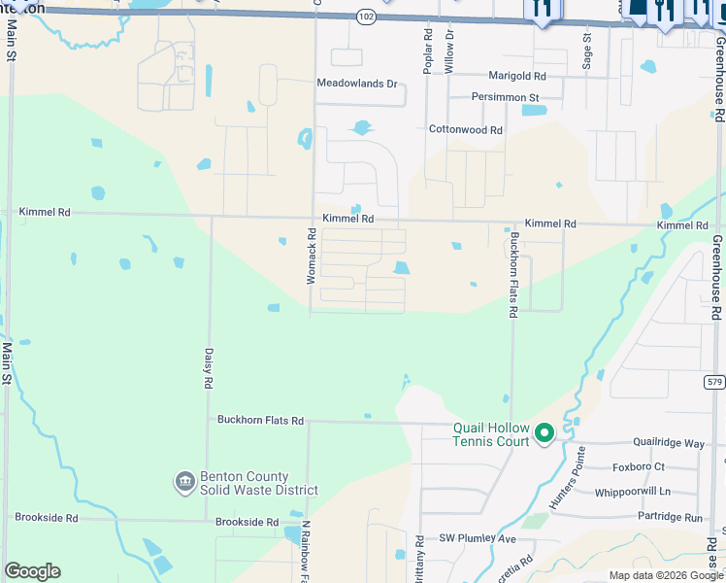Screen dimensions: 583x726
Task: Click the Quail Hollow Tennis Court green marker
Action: coord(544,433)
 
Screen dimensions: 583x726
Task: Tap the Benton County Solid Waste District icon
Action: coord(184,482)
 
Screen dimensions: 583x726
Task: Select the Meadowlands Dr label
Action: coord(357,84)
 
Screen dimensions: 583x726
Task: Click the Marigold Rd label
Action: coord(515,76)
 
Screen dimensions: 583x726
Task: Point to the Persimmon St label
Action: coord(505,98)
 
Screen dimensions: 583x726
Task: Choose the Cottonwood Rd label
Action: coord(466,129)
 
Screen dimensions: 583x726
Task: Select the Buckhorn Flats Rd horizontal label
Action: coord(260,421)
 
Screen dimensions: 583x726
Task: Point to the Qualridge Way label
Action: coord(669,443)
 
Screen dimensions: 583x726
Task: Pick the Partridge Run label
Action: coord(671,517)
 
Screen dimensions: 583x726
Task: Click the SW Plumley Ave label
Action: coord(478,537)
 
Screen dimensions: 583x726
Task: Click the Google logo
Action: coord(32,571)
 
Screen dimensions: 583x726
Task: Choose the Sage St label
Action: coord(587,50)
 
